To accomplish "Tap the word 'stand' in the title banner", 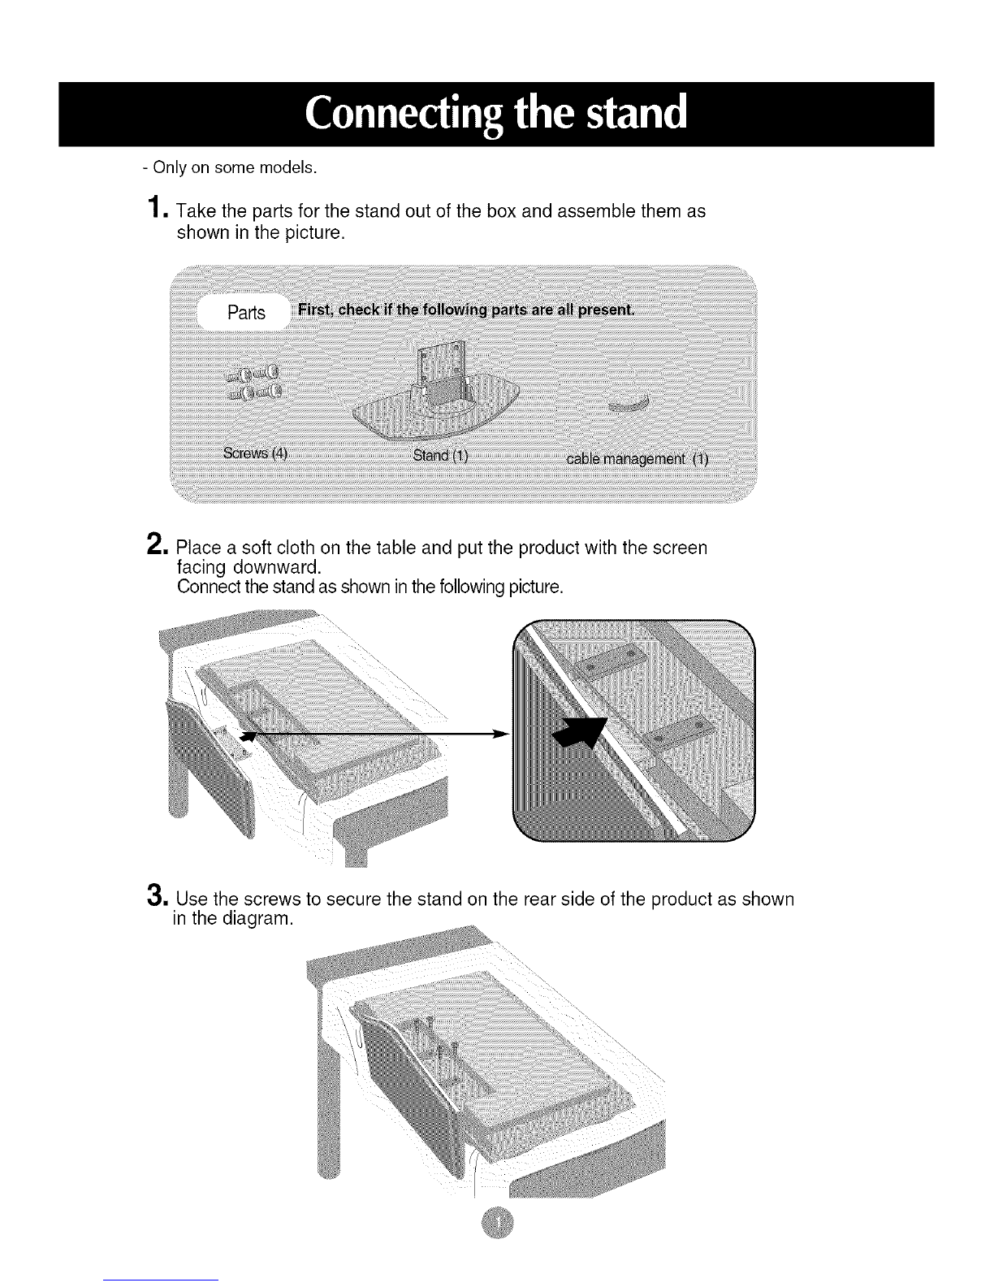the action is (637, 112).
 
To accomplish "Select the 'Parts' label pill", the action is (245, 312).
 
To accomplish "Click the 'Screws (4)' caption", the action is (255, 453).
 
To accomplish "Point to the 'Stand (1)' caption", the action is (440, 455).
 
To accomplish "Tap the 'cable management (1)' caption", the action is (637, 459).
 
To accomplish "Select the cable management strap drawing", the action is (629, 403).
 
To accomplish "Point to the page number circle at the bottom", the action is (498, 1222).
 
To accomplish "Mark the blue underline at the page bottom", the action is (161, 1280).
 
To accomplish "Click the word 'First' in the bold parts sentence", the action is (314, 310).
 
